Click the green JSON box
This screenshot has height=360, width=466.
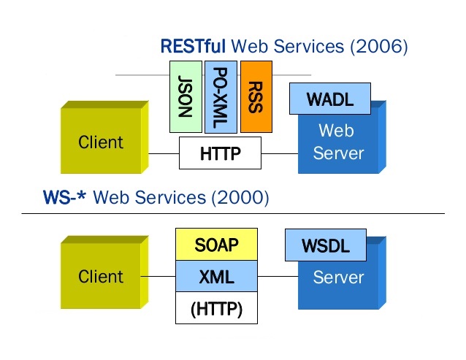click(186, 96)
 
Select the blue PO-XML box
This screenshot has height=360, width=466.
click(221, 96)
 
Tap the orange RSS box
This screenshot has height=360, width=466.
click(256, 96)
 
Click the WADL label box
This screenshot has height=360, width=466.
click(330, 99)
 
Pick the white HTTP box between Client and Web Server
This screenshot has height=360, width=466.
click(220, 153)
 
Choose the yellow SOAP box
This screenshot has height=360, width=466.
click(216, 245)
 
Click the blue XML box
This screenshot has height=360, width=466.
click(216, 277)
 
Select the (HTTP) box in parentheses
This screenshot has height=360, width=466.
click(216, 309)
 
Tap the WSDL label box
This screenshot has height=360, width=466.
click(326, 246)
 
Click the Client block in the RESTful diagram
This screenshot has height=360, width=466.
click(101, 142)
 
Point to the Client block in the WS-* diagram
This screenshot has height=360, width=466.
click(101, 277)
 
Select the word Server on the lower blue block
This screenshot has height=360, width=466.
click(338, 277)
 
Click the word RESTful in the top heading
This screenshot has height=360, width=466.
click(193, 47)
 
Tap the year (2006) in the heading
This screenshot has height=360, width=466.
click(378, 47)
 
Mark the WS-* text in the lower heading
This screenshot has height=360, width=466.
click(66, 196)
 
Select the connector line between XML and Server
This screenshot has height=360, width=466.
click(278, 277)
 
